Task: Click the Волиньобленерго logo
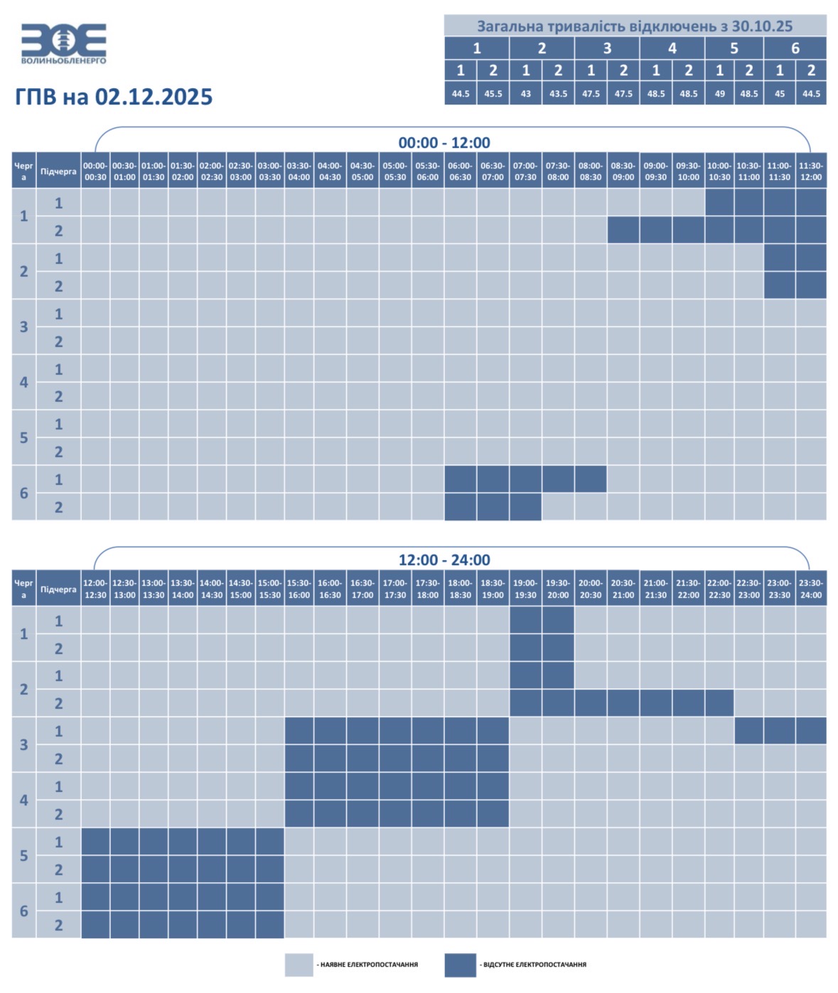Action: point(64,43)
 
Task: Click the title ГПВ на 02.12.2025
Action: point(114,97)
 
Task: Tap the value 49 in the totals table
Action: point(719,94)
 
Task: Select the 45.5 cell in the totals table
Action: point(493,94)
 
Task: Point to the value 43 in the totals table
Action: point(525,94)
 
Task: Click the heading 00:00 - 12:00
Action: point(444,143)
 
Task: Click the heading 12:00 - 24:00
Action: point(444,559)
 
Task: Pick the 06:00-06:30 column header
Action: point(460,171)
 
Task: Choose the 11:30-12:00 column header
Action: point(810,171)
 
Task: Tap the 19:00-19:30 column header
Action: point(525,589)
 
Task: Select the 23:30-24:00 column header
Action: point(810,589)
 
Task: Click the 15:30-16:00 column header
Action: point(299,589)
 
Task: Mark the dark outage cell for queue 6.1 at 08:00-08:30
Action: point(590,479)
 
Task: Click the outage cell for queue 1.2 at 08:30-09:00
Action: point(623,230)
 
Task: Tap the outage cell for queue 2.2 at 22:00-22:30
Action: point(719,703)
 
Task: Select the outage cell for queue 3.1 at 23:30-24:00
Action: point(810,731)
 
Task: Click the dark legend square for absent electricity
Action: point(460,965)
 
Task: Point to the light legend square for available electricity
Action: point(299,965)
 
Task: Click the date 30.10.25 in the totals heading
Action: point(762,26)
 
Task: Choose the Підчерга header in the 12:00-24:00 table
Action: point(58,589)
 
